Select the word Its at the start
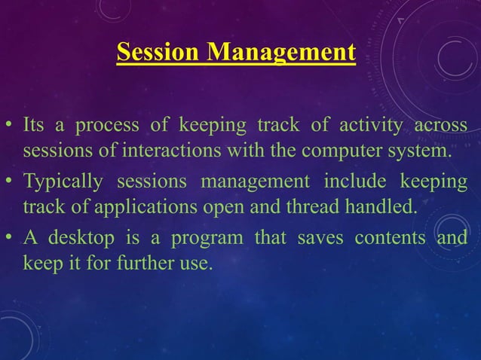tap(34, 124)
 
